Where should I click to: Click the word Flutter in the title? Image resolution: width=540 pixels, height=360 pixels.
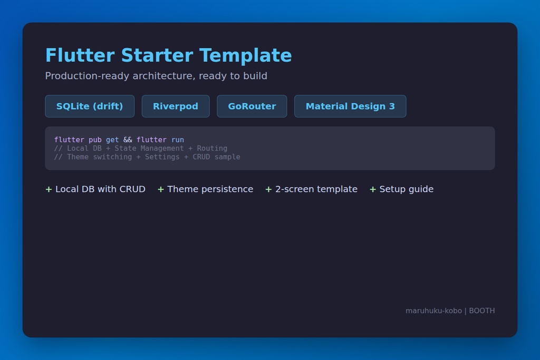(80, 55)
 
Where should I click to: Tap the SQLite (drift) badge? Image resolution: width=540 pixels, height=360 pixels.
(90, 106)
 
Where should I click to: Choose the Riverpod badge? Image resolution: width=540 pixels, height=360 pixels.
(176, 106)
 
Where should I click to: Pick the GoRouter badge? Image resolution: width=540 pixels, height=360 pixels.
(252, 106)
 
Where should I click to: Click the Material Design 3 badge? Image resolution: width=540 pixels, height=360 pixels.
(350, 106)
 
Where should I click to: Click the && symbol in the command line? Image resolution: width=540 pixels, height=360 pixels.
(128, 140)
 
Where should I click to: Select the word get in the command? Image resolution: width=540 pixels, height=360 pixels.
(112, 140)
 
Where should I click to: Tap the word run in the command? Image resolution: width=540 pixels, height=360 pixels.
(178, 140)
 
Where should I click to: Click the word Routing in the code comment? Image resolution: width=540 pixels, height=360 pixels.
(212, 148)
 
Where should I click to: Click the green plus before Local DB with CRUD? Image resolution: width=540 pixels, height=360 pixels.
(49, 189)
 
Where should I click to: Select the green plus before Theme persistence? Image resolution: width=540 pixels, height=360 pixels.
(161, 189)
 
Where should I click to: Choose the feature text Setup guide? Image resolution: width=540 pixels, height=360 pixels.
(407, 189)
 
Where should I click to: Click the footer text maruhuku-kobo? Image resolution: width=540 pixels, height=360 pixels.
(433, 310)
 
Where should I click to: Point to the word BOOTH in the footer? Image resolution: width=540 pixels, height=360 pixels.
(482, 310)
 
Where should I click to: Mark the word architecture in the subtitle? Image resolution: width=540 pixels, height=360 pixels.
(163, 76)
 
